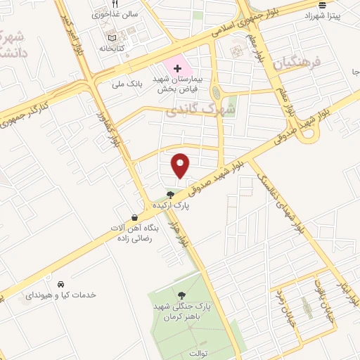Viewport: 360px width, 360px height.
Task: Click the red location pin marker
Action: click(x=181, y=165)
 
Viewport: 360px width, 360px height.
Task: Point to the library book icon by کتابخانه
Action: click(x=111, y=37)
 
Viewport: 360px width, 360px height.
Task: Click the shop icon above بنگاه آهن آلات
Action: click(x=134, y=218)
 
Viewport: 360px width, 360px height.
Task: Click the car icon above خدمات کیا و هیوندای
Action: click(x=63, y=284)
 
